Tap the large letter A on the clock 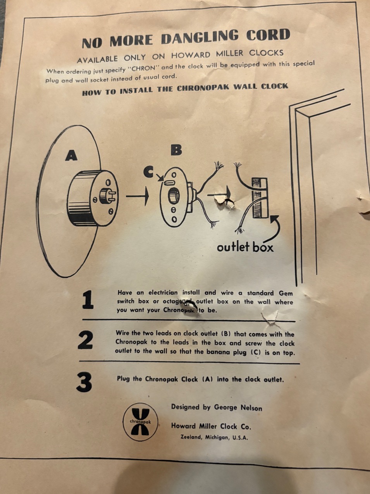71,156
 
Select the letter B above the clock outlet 176,150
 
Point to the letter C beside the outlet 149,172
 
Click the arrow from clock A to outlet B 137,196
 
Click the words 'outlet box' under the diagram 245,247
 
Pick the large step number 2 86,340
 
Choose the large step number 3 84,382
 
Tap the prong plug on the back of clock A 107,196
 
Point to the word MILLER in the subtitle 230,54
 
